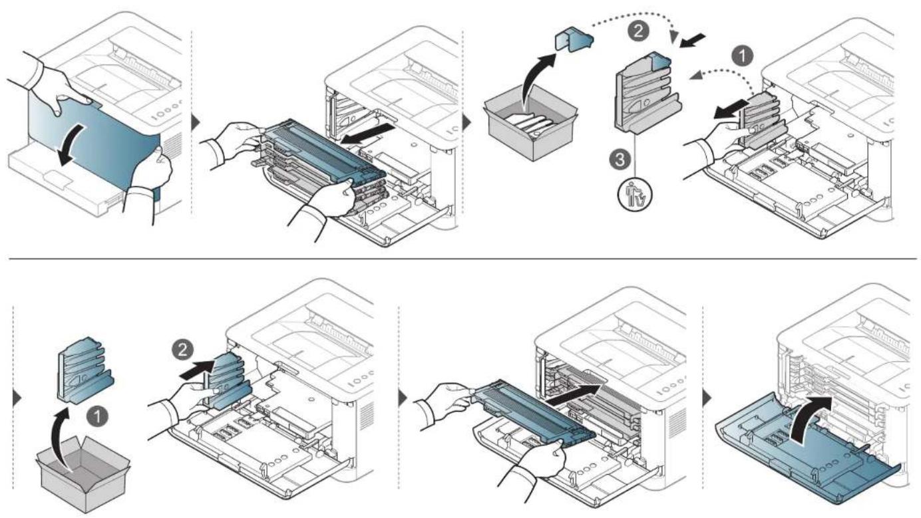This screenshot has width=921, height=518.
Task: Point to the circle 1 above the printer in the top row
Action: click(x=743, y=56)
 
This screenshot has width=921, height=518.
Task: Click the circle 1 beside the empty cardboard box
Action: click(x=97, y=416)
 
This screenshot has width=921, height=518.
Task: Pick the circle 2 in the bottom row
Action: click(x=182, y=350)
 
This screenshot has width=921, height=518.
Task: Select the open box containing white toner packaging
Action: click(x=531, y=123)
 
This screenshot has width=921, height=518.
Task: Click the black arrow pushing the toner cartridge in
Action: click(x=574, y=395)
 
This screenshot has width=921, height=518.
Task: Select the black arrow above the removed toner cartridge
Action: click(x=367, y=134)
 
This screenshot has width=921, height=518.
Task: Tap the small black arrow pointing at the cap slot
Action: click(x=693, y=41)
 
